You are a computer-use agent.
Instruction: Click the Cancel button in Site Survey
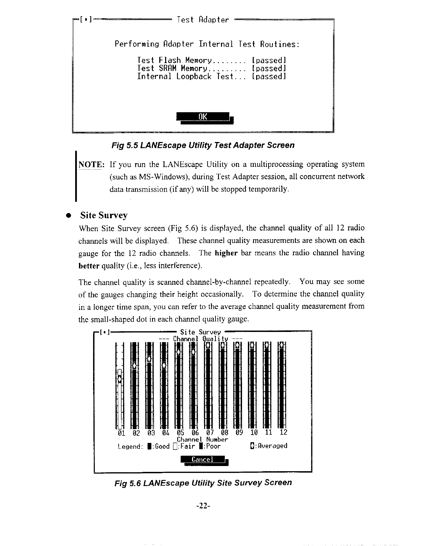[203, 459]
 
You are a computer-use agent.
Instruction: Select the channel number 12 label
[283, 432]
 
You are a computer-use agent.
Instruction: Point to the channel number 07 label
[210, 432]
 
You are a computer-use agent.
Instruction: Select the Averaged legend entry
[269, 446]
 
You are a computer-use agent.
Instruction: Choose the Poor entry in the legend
[210, 446]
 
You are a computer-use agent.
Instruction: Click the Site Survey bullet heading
[104, 215]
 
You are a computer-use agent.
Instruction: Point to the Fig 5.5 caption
[203, 145]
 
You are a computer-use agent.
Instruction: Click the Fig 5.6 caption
[203, 483]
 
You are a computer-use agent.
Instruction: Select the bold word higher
[226, 253]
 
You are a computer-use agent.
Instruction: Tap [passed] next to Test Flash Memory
[269, 61]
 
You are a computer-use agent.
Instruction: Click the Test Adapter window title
[203, 20]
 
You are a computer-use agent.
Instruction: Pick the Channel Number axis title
[202, 439]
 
